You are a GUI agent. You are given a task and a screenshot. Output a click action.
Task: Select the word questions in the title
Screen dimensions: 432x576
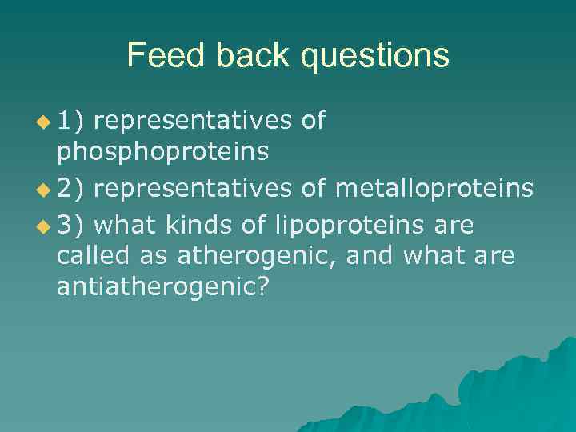tap(369, 57)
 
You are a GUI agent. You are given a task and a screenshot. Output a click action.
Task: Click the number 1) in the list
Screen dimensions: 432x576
tap(75, 121)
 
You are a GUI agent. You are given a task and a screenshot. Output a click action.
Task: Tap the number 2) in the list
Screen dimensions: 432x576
tap(75, 188)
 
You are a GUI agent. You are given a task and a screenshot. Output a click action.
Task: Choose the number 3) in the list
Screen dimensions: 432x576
tap(75, 226)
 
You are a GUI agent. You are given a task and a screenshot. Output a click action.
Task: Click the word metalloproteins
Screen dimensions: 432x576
tap(433, 188)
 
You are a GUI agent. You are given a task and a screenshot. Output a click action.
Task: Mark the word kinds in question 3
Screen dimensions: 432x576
tap(194, 226)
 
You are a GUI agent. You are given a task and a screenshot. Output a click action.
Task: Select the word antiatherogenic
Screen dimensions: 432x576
tap(159, 287)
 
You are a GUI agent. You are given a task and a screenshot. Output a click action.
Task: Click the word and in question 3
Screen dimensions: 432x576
tap(371, 257)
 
